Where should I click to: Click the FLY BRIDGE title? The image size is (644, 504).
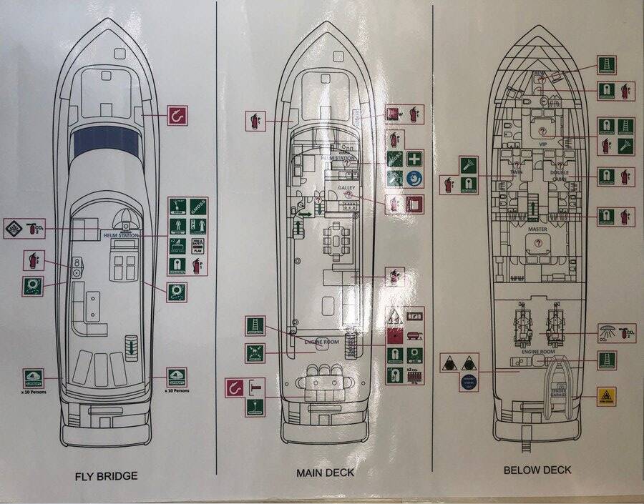107,475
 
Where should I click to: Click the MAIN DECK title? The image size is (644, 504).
325,473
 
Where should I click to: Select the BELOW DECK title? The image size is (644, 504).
537,470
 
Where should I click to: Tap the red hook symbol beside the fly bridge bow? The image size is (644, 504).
177,115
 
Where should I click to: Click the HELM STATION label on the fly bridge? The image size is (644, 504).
119,234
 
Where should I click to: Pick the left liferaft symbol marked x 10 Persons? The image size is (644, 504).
33,377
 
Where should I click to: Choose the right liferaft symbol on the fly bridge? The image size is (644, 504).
177,376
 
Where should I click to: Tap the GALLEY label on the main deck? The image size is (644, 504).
347,187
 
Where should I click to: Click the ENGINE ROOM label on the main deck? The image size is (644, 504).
321,342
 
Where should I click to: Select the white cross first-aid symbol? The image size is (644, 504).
414,159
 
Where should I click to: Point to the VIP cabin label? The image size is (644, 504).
542,144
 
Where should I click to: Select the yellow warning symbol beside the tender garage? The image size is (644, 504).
606,396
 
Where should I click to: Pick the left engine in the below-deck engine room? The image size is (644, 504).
521,327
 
